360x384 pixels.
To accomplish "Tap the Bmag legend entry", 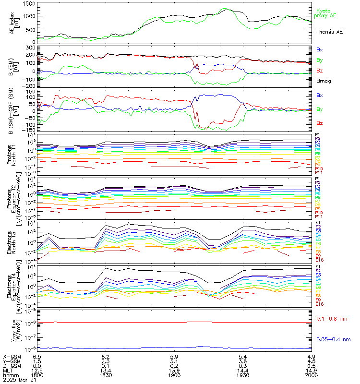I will click(x=323, y=81).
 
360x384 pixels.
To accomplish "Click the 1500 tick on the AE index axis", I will click(x=28, y=3).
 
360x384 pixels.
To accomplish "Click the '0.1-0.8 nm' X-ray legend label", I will click(x=332, y=318).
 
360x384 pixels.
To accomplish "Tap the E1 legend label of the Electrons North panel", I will click(x=318, y=223).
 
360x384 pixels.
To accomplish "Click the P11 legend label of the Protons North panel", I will click(x=319, y=172).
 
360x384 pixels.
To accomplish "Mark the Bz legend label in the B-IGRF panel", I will click(x=320, y=123).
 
